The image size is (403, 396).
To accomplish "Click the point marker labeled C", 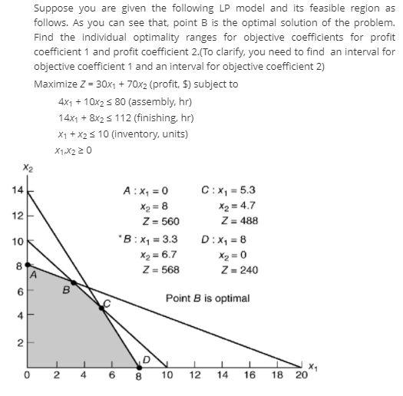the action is (x=101, y=308).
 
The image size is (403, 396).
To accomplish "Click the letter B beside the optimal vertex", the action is (x=67, y=290).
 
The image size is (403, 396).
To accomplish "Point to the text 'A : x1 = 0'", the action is (x=145, y=190).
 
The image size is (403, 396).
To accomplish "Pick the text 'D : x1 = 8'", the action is (x=225, y=240).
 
